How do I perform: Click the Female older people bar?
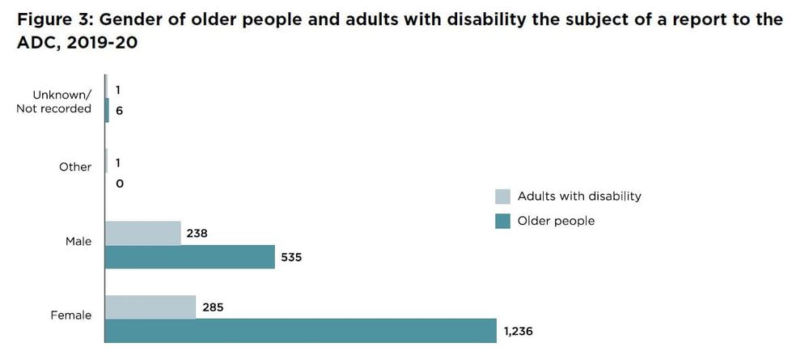point(300,331)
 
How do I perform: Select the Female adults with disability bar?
point(150,307)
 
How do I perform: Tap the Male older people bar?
point(190,257)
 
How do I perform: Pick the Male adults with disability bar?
point(143,233)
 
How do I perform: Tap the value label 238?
point(197,233)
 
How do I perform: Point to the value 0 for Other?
point(120,184)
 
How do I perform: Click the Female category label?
point(72,316)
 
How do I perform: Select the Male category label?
point(78,241)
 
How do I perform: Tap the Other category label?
point(75,167)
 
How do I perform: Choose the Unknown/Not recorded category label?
point(54,102)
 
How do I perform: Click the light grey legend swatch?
point(502,197)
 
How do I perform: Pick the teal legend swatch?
point(502,221)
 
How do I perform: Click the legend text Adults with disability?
point(579,197)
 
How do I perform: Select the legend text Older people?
point(556,221)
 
